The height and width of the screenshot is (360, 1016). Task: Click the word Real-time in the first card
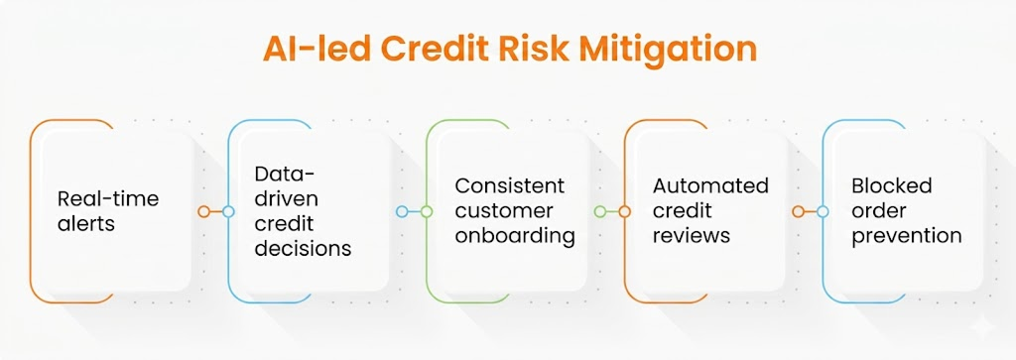[x=108, y=198]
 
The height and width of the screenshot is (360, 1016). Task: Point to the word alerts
[x=86, y=223]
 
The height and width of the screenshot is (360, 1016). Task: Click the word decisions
[x=303, y=248]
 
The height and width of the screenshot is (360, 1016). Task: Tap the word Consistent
[x=509, y=185]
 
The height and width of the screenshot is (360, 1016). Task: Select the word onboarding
[x=515, y=236]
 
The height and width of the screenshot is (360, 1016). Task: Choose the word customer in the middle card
[x=504, y=211]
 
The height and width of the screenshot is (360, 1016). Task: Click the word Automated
[x=710, y=185]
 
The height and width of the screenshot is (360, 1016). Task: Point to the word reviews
[x=692, y=236]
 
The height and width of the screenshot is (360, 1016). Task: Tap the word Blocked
[x=892, y=185]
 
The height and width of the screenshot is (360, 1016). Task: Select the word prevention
[x=907, y=236]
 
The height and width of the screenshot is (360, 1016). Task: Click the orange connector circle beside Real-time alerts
[x=203, y=211]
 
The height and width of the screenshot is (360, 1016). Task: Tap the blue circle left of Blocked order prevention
[x=823, y=211]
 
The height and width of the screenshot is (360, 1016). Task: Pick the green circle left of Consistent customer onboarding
[x=427, y=211]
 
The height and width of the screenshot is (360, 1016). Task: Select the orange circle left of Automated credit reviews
[x=625, y=211]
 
